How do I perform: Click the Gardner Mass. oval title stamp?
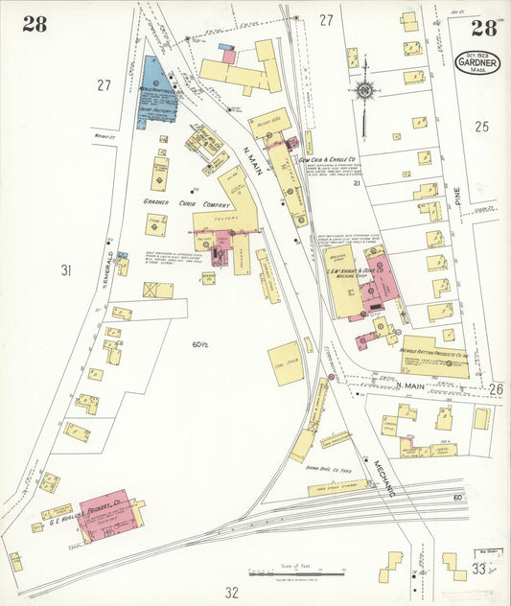(x=476, y=64)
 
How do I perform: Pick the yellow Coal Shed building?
(x=285, y=362)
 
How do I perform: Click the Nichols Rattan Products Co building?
(x=433, y=355)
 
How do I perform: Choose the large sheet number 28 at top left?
(x=35, y=25)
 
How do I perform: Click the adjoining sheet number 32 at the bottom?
(x=230, y=592)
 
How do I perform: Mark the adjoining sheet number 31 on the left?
(x=66, y=270)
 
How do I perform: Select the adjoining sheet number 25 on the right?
(x=482, y=126)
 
